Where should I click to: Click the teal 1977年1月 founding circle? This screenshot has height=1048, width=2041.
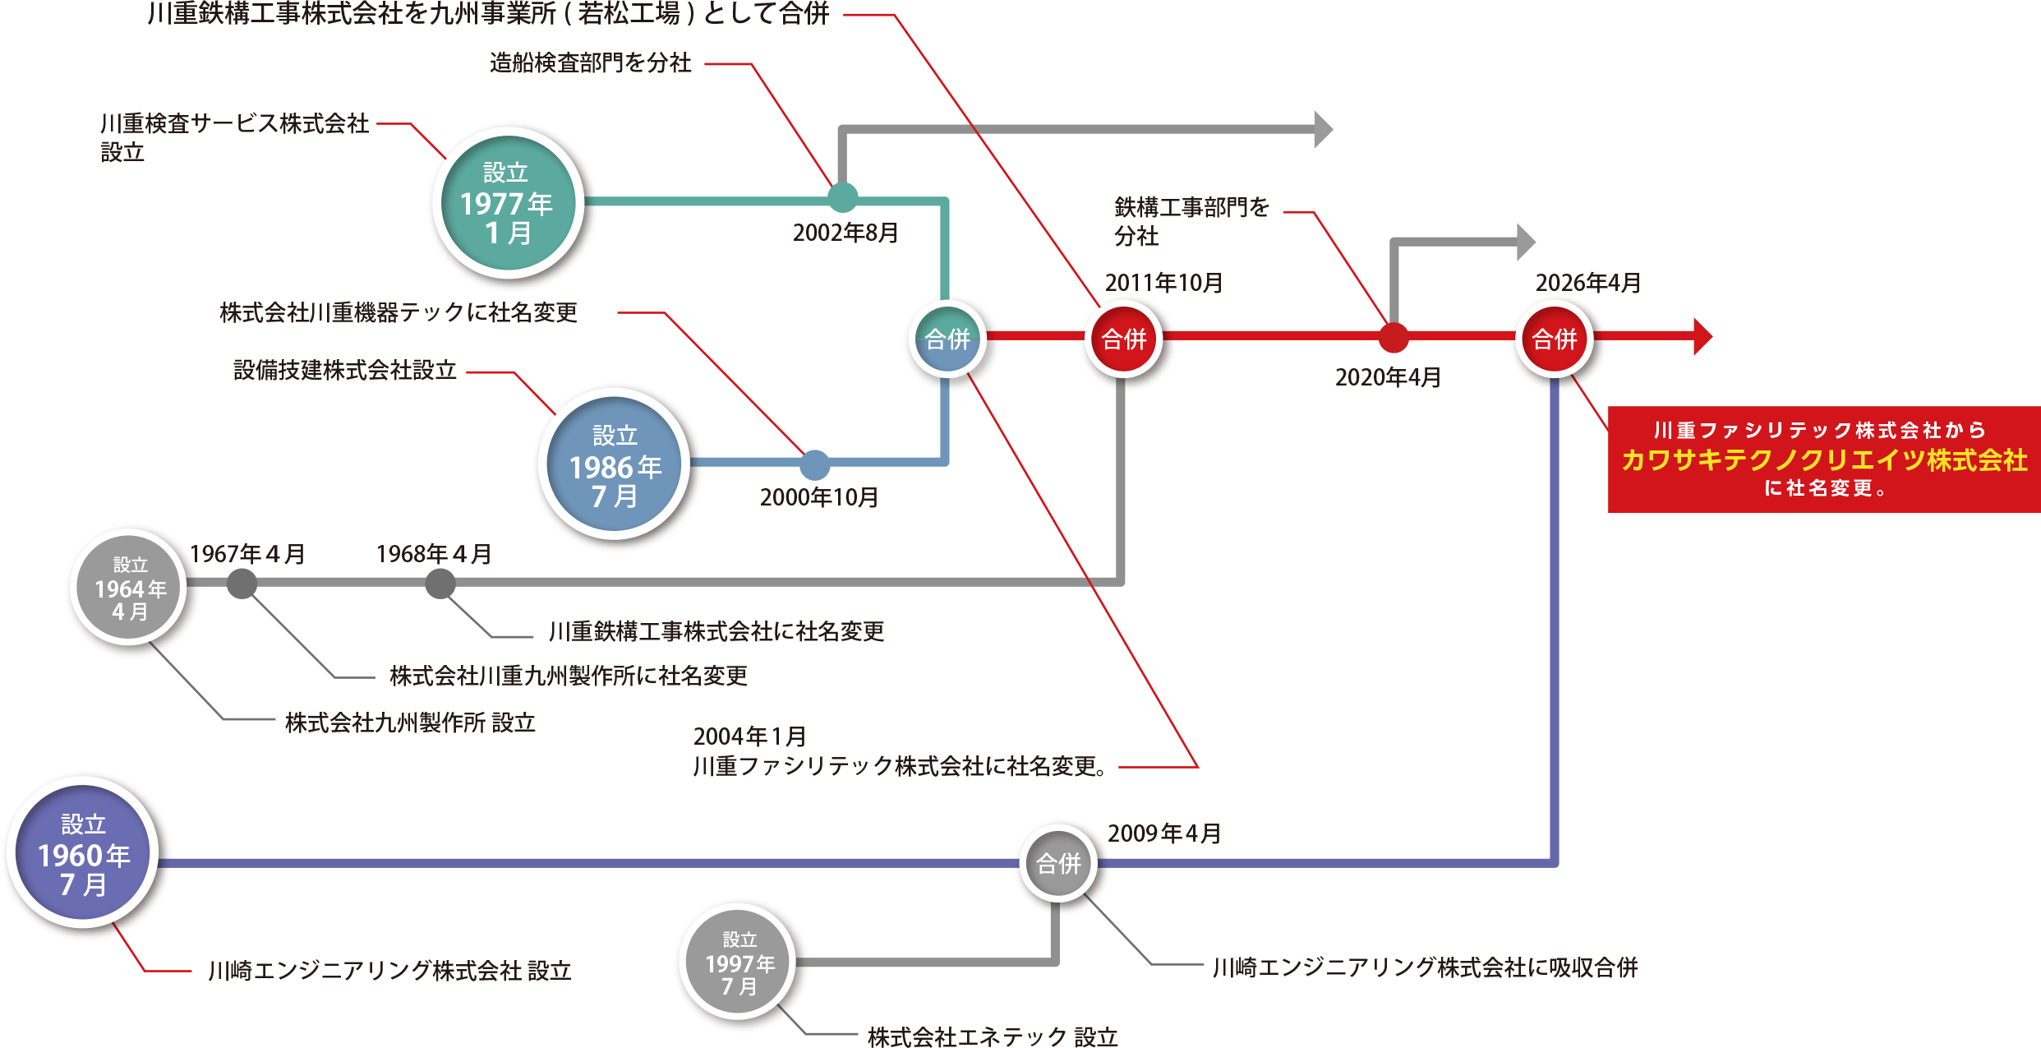[x=508, y=203]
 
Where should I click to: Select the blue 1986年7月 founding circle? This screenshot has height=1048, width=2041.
[x=615, y=464]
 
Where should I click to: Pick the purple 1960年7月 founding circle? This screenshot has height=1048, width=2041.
[x=83, y=853]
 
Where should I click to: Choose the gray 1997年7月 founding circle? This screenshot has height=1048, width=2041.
[x=739, y=962]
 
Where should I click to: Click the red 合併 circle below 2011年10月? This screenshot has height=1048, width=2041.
[x=1123, y=339]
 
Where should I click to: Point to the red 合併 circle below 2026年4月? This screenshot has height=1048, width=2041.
[x=1555, y=339]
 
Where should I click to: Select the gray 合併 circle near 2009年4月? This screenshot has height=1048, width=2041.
[x=1058, y=863]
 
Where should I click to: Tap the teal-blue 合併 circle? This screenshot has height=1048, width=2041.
[x=947, y=339]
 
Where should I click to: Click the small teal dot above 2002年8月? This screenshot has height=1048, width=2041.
[x=842, y=198]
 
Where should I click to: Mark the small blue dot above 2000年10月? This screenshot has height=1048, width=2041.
[x=814, y=465]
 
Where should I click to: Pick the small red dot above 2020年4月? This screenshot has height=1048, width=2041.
[x=1393, y=337]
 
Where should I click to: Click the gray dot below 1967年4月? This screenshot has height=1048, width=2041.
[x=242, y=584]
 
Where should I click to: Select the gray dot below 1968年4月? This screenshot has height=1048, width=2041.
[x=440, y=584]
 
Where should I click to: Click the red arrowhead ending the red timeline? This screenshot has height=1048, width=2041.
[x=1702, y=336]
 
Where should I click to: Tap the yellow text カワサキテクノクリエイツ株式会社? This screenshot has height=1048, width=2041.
[x=1824, y=460]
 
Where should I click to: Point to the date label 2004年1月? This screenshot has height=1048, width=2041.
[x=749, y=736]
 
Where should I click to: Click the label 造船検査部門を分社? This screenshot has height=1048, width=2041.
[x=590, y=63]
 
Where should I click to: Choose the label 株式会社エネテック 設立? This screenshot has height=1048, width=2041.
[x=993, y=1036]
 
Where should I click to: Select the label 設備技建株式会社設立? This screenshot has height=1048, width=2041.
[x=344, y=371]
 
